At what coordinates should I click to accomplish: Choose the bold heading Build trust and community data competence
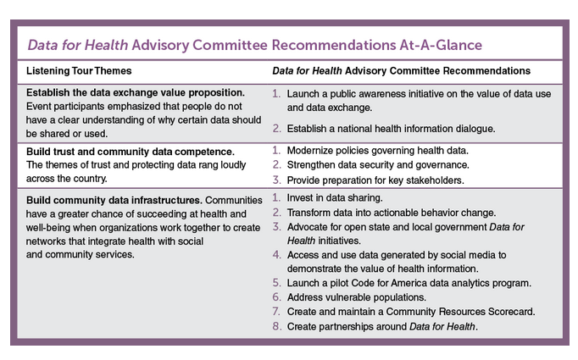click(x=119, y=150)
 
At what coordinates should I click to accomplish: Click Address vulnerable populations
click(x=358, y=296)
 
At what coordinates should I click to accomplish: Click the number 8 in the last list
click(x=276, y=326)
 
